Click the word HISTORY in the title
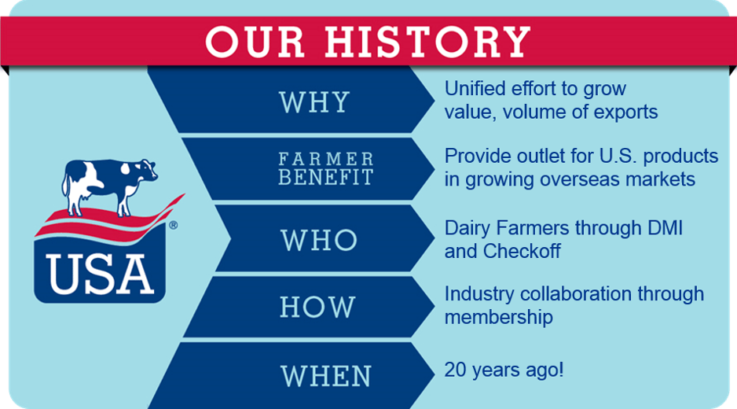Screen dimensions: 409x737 (x=427, y=42)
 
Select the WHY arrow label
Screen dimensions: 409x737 (x=314, y=102)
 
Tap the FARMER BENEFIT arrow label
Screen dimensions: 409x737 (x=325, y=169)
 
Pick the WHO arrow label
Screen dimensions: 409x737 (x=319, y=240)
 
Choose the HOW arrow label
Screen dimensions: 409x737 (x=317, y=307)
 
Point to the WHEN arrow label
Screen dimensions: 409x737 (x=325, y=374)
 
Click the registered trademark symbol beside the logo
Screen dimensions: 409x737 (x=173, y=225)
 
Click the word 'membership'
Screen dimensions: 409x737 (x=498, y=317)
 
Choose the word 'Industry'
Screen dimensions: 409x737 (x=478, y=293)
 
